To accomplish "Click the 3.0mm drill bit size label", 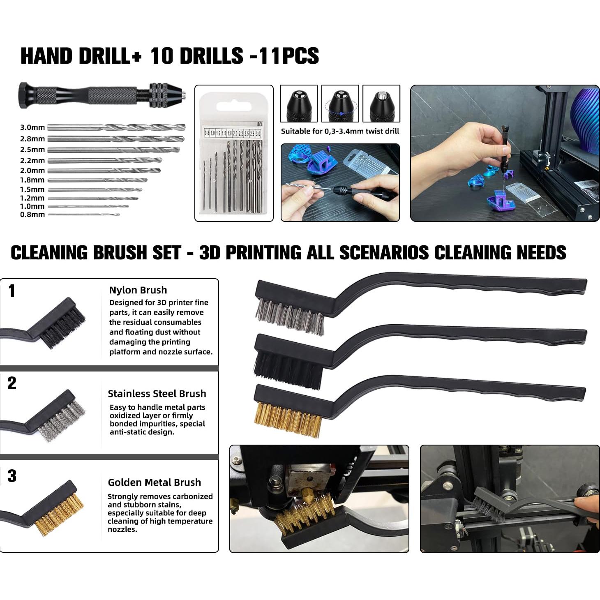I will (x=32, y=128).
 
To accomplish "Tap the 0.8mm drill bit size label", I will (x=32, y=215).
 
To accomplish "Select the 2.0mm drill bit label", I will (x=32, y=171).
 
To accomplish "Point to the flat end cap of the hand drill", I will (x=23, y=95).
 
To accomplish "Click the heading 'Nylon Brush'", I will (x=138, y=290).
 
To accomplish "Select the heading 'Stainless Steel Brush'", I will (x=157, y=394).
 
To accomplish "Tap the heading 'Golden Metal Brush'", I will (x=154, y=482).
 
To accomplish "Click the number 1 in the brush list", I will (x=12, y=291).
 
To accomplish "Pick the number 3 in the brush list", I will (x=12, y=476).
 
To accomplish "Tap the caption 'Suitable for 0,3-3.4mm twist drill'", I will (x=340, y=132).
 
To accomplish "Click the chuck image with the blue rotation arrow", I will (x=340, y=103).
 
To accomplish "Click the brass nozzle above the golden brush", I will (x=308, y=492).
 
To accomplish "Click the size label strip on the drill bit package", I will (x=233, y=133).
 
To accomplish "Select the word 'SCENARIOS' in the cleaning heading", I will (x=384, y=253).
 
